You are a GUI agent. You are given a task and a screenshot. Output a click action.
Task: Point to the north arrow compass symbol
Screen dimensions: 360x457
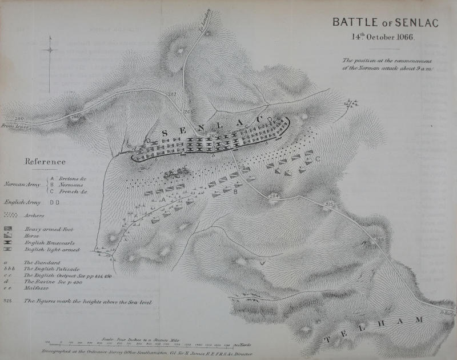tap(50, 50)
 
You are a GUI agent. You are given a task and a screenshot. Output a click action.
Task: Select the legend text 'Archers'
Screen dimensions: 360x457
tap(34, 215)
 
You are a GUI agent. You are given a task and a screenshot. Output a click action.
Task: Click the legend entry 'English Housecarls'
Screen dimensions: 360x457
tap(46, 243)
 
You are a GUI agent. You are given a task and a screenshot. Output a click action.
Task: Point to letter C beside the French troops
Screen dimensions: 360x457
tap(317, 158)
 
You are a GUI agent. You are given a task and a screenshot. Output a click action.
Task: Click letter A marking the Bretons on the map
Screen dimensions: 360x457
tap(163, 200)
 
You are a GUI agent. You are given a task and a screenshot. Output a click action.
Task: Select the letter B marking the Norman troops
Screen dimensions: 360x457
tap(234, 191)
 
